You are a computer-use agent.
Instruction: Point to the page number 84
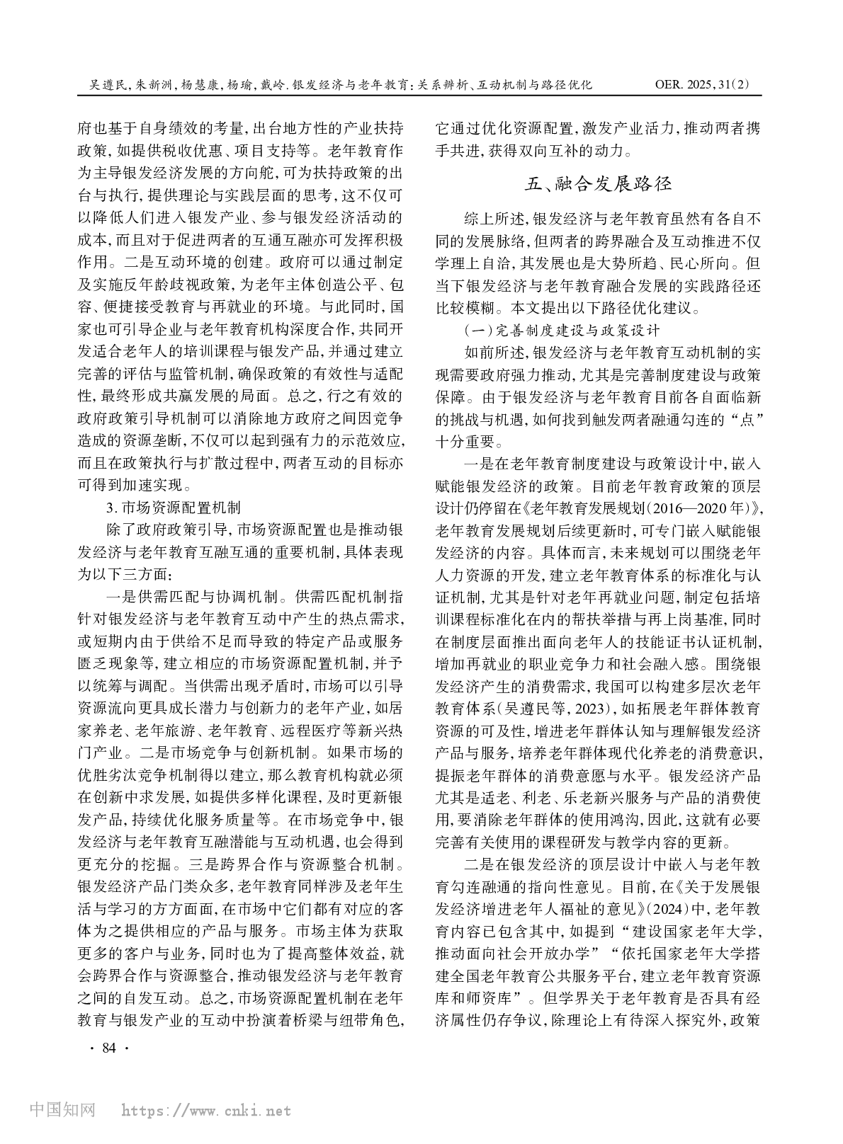108,1048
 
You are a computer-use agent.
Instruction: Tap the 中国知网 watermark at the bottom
62,1110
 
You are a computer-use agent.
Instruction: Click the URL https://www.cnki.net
206,1111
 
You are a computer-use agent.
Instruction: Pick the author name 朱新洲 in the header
154,84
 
